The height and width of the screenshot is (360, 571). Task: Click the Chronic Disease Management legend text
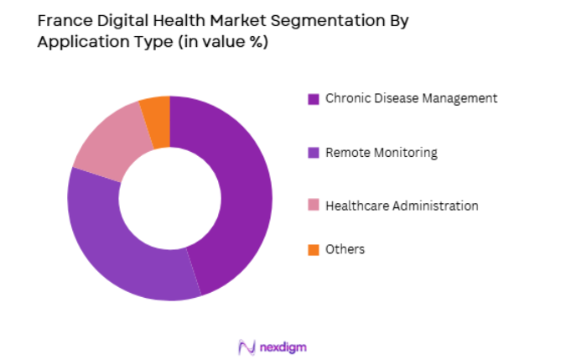pyautogui.click(x=411, y=98)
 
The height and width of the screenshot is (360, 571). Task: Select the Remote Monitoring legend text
pyautogui.click(x=382, y=152)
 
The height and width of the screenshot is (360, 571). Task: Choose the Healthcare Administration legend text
pyautogui.click(x=402, y=206)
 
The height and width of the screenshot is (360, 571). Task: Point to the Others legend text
pyautogui.click(x=345, y=249)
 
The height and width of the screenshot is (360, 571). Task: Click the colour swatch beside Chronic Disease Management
pyautogui.click(x=314, y=99)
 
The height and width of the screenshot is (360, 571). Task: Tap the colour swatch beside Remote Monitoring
pyautogui.click(x=314, y=153)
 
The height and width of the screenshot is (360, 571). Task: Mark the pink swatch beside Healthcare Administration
pyautogui.click(x=314, y=206)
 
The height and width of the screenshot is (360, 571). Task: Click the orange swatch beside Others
pyautogui.click(x=314, y=250)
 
